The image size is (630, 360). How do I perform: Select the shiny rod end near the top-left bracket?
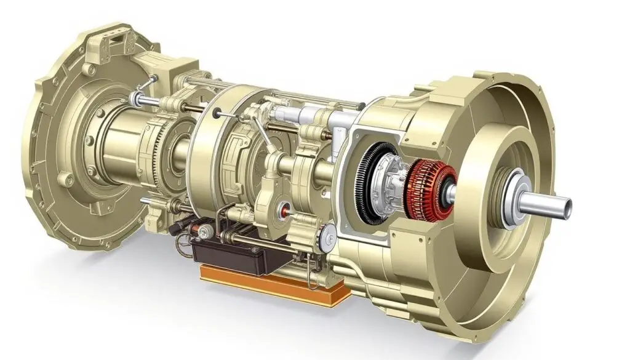point(137,98)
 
